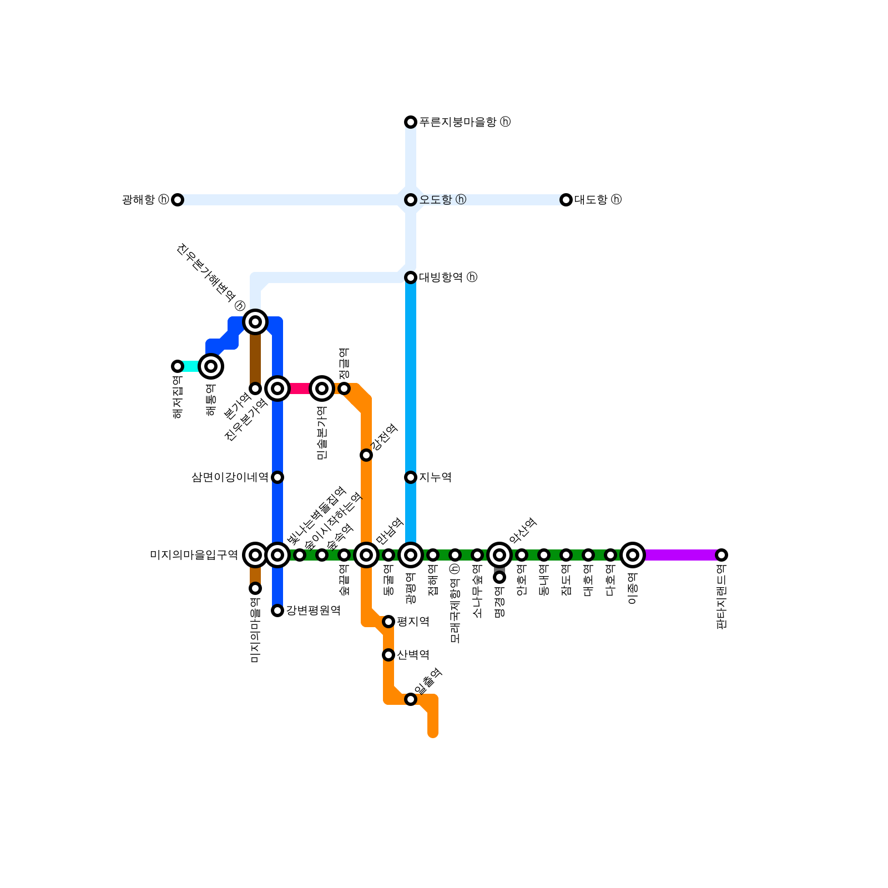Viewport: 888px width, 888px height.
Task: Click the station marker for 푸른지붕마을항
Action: (411, 122)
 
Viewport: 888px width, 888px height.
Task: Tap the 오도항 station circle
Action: (411, 200)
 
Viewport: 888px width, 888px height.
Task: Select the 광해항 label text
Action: (139, 200)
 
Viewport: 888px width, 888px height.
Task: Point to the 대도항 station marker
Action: (566, 200)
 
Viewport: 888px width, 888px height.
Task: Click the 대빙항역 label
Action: (441, 277)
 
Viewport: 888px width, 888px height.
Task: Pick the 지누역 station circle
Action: (411, 477)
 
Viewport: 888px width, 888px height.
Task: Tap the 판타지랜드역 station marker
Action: (722, 555)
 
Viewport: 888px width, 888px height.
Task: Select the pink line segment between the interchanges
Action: (300, 389)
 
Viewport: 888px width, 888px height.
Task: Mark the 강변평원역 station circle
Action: (277, 610)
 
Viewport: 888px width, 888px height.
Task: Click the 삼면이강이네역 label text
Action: (230, 477)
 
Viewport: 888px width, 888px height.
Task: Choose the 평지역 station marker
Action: (389, 622)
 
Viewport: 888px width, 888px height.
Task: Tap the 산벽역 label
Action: (413, 655)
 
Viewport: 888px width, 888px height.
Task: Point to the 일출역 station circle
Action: (411, 699)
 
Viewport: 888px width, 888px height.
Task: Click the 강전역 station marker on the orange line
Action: (366, 455)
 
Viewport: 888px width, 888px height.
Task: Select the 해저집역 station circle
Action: (178, 366)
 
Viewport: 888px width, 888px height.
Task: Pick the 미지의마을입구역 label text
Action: (194, 555)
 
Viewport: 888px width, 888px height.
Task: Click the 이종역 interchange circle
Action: (633, 555)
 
